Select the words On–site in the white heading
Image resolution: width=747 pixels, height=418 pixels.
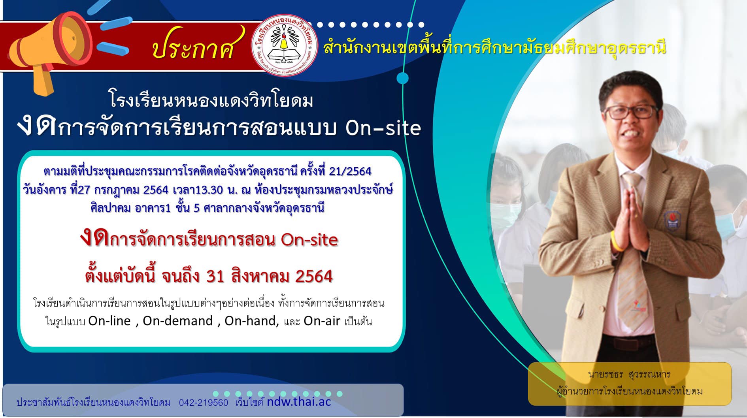[x=383, y=128]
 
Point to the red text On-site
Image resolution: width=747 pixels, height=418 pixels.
[x=309, y=239]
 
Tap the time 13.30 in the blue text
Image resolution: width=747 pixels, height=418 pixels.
[x=209, y=190]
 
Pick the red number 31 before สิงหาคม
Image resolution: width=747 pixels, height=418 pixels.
[x=215, y=277]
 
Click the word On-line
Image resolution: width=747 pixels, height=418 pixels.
[x=109, y=321]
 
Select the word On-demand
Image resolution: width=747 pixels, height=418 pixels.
[x=178, y=321]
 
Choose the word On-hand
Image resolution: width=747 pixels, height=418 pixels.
[x=251, y=321]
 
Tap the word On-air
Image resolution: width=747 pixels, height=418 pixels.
[x=322, y=321]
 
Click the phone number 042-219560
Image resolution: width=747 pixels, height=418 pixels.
[x=204, y=403]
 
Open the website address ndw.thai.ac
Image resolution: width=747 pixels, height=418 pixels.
[x=299, y=402]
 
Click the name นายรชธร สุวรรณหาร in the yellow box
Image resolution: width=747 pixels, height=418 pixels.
[x=629, y=374]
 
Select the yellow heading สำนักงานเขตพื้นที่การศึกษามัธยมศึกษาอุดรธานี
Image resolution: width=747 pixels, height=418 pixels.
[x=495, y=48]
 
